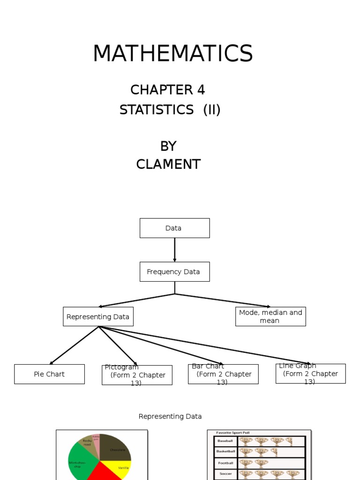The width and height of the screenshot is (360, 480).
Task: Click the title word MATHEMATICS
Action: point(172,53)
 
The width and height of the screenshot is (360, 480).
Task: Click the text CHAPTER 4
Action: point(167,90)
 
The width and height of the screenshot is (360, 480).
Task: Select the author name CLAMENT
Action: point(168,165)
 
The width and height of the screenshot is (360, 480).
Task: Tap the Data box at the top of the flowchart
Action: point(174,228)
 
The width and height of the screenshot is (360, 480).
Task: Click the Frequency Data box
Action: point(174,272)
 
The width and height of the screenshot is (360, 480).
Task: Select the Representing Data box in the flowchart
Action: point(98,317)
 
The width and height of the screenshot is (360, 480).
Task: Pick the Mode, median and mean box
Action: point(270,317)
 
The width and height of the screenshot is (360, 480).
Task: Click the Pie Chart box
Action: point(49,374)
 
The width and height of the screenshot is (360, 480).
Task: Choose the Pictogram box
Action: point(137,375)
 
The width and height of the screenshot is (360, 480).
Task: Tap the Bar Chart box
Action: point(223,374)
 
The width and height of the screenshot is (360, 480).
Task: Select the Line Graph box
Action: point(310,374)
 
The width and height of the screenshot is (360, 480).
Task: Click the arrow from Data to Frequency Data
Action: point(175,250)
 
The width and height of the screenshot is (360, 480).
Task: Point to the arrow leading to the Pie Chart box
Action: point(74,345)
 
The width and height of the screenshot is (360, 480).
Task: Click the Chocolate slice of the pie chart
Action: point(116,448)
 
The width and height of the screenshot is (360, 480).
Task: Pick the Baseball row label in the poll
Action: point(225,441)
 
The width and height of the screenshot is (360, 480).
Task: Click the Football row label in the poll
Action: point(225,463)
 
